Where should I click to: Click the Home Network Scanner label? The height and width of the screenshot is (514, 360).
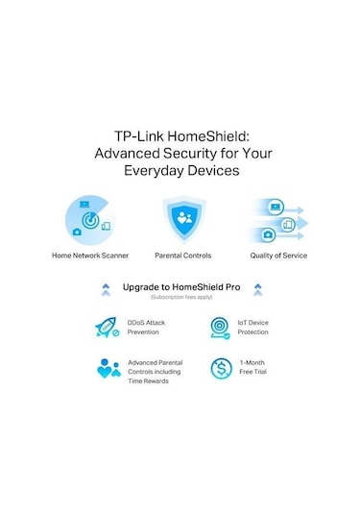[x=90, y=256]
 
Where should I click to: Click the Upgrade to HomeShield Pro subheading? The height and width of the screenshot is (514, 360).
[x=180, y=286]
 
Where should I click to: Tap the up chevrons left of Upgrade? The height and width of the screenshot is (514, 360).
[x=106, y=288]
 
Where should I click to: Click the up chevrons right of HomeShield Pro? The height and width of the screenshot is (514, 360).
[x=257, y=288]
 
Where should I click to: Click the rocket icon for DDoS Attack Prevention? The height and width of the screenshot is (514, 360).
[x=108, y=328]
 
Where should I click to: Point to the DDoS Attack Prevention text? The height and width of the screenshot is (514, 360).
[x=147, y=328]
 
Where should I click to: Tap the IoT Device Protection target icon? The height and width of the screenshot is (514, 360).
[x=220, y=328]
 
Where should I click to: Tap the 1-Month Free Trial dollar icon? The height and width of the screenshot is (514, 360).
[x=220, y=368]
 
